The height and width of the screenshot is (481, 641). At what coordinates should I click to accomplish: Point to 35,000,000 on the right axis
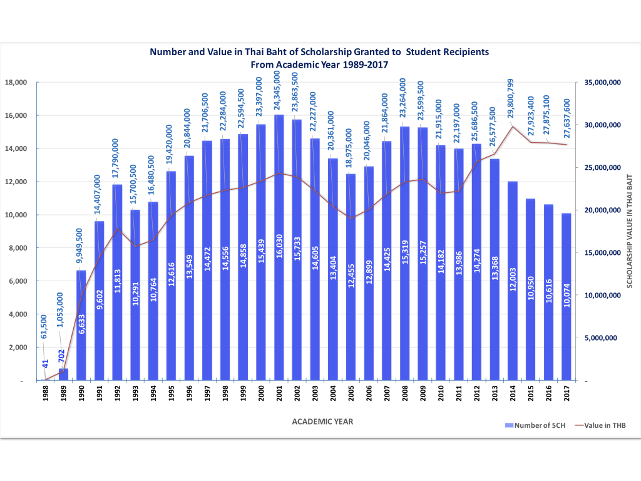[x=602, y=83]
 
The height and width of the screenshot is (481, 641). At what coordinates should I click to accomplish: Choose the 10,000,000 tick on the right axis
[x=602, y=296]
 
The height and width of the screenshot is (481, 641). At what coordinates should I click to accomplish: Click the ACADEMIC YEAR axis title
[x=322, y=422]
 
